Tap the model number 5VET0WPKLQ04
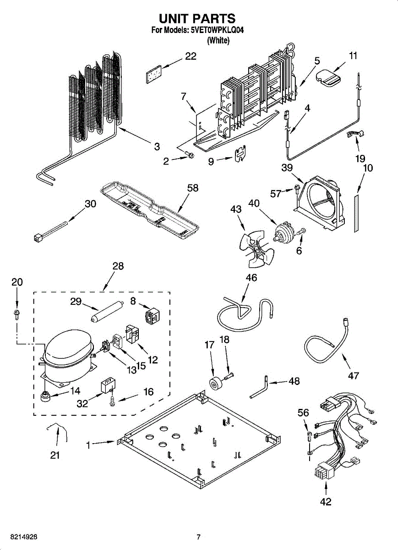coord(217,31)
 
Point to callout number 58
coord(193,187)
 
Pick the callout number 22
coord(191,56)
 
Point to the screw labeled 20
coord(17,314)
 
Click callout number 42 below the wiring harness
coord(325,502)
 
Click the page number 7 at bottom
coord(199,537)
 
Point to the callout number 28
coord(118,266)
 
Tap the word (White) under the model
coord(218,40)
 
